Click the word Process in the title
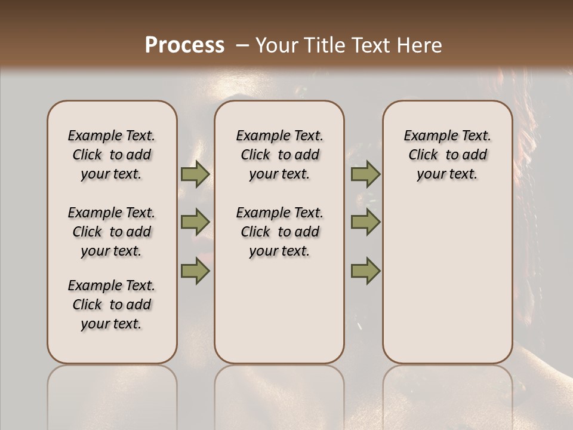[184, 45]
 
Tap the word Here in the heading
[420, 45]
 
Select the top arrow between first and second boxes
[195, 174]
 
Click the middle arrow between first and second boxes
[195, 223]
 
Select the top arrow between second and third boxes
[365, 174]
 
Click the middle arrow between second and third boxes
[365, 223]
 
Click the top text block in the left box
[112, 155]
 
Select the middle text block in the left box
[112, 232]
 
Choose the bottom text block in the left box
[112, 305]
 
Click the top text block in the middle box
[279, 155]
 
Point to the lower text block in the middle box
[279, 232]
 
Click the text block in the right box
[448, 155]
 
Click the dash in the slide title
[242, 45]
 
